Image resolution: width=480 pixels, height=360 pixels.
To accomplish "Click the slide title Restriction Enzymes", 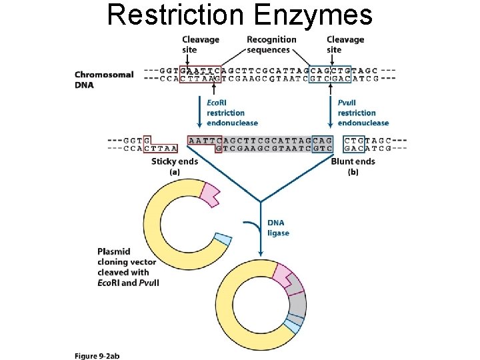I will (240, 15).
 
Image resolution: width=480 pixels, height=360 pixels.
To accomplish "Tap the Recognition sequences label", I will (268, 45).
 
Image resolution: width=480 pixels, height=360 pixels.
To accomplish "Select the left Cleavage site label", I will (200, 45).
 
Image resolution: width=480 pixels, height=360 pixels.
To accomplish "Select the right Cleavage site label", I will (345, 45).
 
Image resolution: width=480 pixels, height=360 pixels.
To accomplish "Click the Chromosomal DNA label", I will (103, 79).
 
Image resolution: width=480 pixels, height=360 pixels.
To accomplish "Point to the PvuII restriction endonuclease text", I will (363, 113).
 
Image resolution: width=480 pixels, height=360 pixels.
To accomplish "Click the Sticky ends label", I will (175, 161).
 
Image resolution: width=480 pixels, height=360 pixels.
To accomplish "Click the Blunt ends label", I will (353, 161).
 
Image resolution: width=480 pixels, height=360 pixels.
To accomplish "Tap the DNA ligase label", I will (278, 228).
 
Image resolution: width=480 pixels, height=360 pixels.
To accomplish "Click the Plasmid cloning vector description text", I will (127, 267).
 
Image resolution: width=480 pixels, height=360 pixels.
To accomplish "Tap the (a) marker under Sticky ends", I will (175, 171).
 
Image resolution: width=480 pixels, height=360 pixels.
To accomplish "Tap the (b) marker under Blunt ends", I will (353, 171).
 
